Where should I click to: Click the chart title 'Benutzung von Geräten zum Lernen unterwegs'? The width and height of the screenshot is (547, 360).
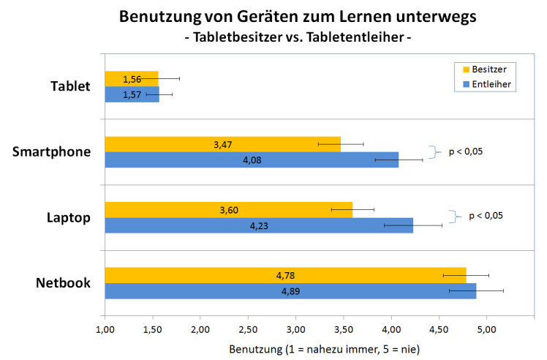click(298, 16)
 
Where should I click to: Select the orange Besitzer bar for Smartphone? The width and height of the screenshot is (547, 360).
click(223, 144)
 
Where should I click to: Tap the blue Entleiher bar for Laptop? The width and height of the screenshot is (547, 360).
click(259, 225)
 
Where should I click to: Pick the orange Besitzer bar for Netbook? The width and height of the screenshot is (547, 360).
click(286, 276)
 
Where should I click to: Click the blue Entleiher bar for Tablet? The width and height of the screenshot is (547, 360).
click(132, 94)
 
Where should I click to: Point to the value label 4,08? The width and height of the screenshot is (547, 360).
click(252, 160)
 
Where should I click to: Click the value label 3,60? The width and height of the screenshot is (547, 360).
click(229, 210)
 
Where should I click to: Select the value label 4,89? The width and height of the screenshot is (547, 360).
click(290, 291)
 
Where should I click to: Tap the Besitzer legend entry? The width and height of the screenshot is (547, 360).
click(485, 69)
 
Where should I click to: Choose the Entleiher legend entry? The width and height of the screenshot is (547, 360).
click(487, 84)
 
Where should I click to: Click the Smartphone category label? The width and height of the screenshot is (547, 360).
click(52, 152)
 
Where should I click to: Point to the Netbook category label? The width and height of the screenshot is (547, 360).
click(63, 282)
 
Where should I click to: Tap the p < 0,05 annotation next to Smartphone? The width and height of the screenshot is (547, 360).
click(466, 151)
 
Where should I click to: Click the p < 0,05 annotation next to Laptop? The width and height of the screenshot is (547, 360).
click(486, 215)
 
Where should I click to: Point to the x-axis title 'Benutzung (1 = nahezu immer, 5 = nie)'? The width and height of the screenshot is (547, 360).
click(325, 349)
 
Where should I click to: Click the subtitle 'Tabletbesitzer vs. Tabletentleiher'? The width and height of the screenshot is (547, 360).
click(298, 37)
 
